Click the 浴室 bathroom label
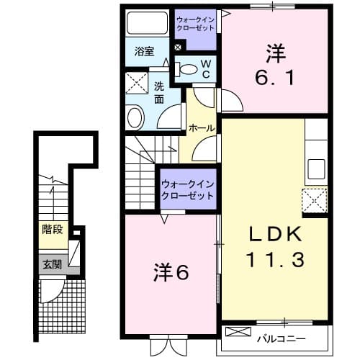pos(145,51)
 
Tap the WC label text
pos(205,68)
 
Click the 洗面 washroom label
pos(159,91)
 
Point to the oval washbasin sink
pos(135,117)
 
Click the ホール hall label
pos(201,128)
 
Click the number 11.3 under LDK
pos(274,258)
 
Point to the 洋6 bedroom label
pos(171,274)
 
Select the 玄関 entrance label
pos(51,264)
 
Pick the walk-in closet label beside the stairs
pos(188,189)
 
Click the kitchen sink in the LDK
pos(317,168)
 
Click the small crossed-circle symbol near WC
pos(178,48)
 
